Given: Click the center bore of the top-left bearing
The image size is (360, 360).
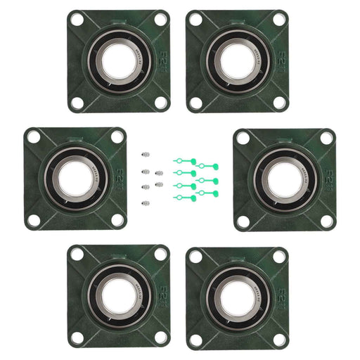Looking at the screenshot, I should [117, 61].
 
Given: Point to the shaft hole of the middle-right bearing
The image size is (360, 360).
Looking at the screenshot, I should [284, 179].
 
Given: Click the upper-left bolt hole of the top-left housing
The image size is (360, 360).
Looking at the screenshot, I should [77, 20].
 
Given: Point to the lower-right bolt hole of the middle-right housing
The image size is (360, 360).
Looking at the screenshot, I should [326, 220].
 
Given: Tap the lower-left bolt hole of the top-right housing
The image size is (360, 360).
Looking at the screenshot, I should [195, 103].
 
